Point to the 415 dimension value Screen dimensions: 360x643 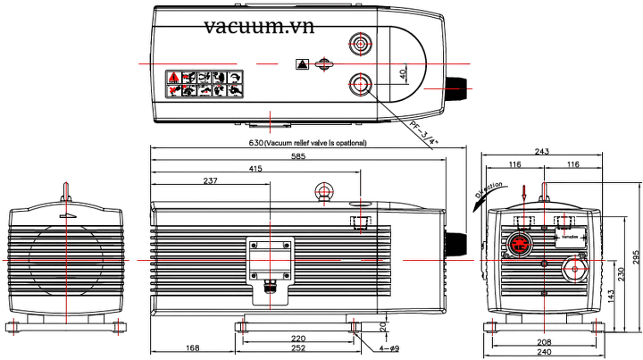click(x=255, y=169)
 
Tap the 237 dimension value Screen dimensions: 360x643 click(x=210, y=180)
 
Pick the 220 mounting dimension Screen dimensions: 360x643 click(x=298, y=339)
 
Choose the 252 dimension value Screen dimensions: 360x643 click(x=298, y=349)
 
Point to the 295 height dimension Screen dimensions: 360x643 click(x=636, y=257)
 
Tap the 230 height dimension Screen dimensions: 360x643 click(x=622, y=271)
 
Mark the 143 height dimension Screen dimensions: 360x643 click(x=609, y=294)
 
